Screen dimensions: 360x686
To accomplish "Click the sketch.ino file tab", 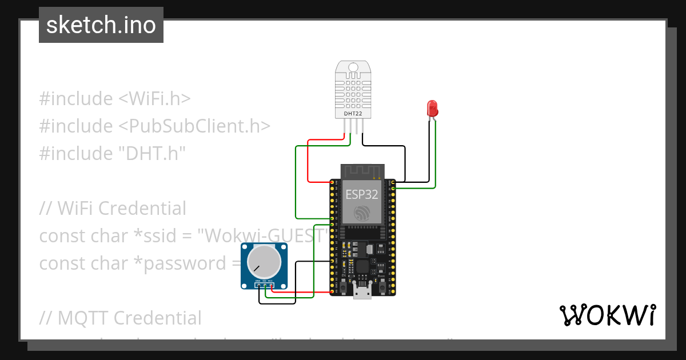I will click(x=101, y=25).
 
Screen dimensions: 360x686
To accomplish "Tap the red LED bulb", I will click(x=432, y=107).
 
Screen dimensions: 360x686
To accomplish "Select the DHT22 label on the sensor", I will click(x=353, y=114).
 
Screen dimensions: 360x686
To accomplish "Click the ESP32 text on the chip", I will click(x=361, y=194).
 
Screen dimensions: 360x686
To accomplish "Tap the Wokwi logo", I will click(x=607, y=315).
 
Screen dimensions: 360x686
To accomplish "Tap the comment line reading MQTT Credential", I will click(x=120, y=318).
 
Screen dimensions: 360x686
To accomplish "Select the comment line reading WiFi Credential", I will click(x=113, y=208).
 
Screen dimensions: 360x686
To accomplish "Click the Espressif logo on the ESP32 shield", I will click(x=362, y=214).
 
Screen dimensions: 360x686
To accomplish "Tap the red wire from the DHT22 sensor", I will click(x=309, y=160).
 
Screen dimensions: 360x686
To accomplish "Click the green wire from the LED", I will click(x=436, y=154).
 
